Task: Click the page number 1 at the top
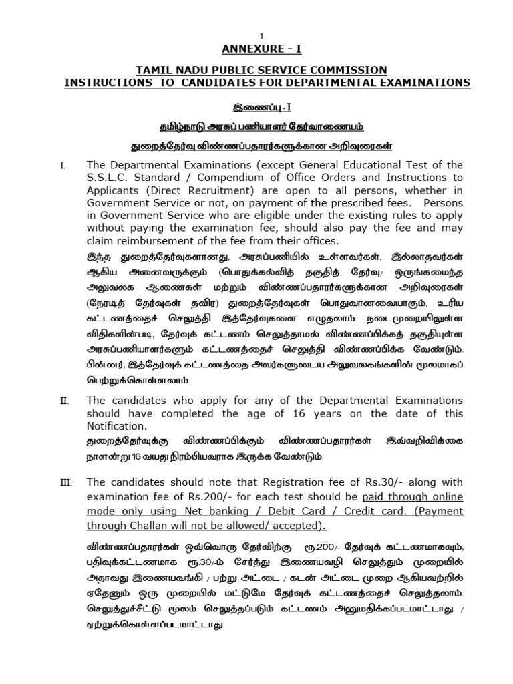(x=262, y=36)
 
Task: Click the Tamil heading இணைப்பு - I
(x=261, y=106)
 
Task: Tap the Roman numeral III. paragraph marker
(x=65, y=482)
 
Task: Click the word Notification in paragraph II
(x=116, y=426)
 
